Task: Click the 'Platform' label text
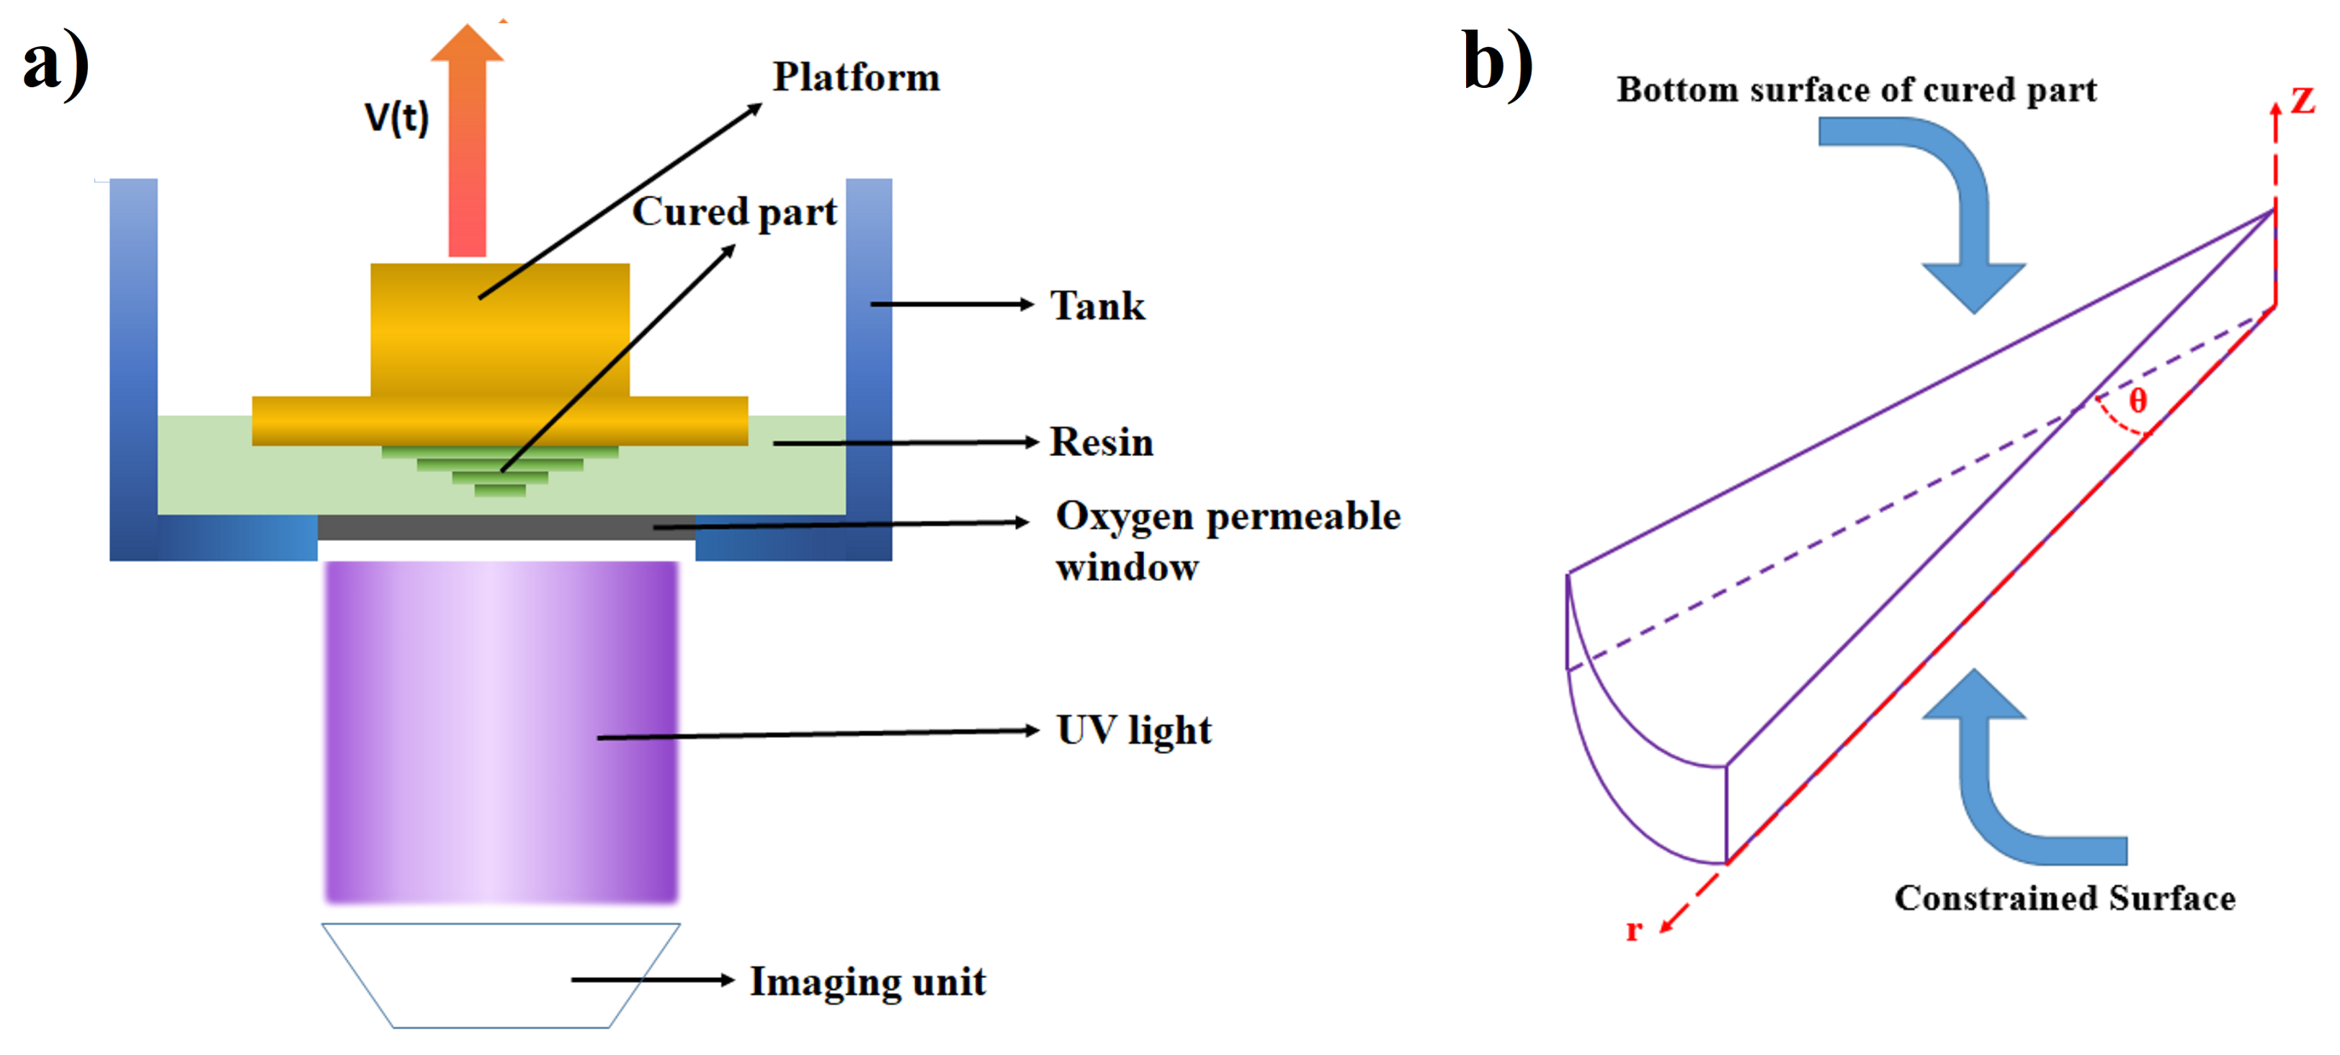click(x=856, y=77)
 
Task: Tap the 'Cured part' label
click(x=734, y=212)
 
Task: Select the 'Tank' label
click(x=1097, y=306)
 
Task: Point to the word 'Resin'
click(x=1102, y=442)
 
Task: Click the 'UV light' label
click(x=1134, y=731)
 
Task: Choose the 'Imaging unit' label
click(x=867, y=982)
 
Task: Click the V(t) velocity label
click(x=396, y=117)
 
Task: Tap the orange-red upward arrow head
click(x=467, y=44)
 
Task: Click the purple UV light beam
click(x=501, y=731)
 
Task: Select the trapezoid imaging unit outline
click(x=501, y=976)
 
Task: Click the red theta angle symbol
click(x=2138, y=400)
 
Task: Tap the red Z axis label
click(x=2302, y=100)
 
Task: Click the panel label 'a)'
click(x=56, y=63)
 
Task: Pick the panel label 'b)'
click(x=1497, y=63)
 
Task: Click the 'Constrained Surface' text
click(x=2065, y=898)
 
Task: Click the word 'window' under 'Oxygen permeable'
click(x=1126, y=568)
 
